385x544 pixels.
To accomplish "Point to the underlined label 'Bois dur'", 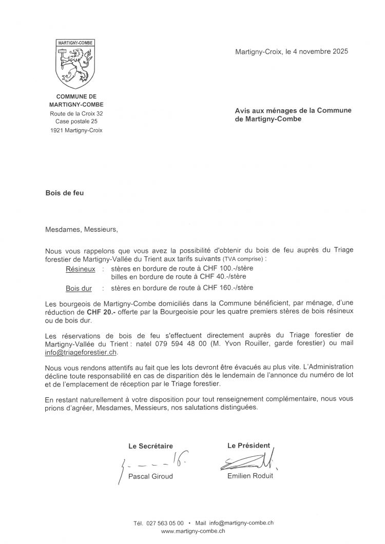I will (x=79, y=288).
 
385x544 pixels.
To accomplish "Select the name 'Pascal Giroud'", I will (x=150, y=476).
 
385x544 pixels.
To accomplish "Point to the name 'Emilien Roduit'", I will (x=250, y=476).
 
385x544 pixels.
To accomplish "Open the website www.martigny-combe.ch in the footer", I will (x=193, y=532).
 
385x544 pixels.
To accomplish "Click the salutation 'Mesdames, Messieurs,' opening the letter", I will (x=82, y=229).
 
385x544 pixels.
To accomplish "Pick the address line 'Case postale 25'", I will (x=76, y=122).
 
